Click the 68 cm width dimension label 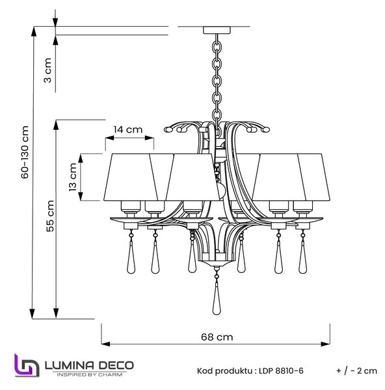(217, 337)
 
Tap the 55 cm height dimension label (50, 216)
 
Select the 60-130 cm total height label (25, 152)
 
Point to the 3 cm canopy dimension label (47, 70)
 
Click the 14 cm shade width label (128, 129)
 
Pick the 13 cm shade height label (73, 177)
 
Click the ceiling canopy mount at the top (217, 30)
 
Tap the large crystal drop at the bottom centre (217, 298)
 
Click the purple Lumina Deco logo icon (27, 365)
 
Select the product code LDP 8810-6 (281, 371)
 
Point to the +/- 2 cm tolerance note (356, 371)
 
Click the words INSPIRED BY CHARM (90, 374)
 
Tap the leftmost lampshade (131, 177)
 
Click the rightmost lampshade (314, 177)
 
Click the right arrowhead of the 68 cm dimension (326, 344)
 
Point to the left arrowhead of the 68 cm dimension (106, 344)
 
